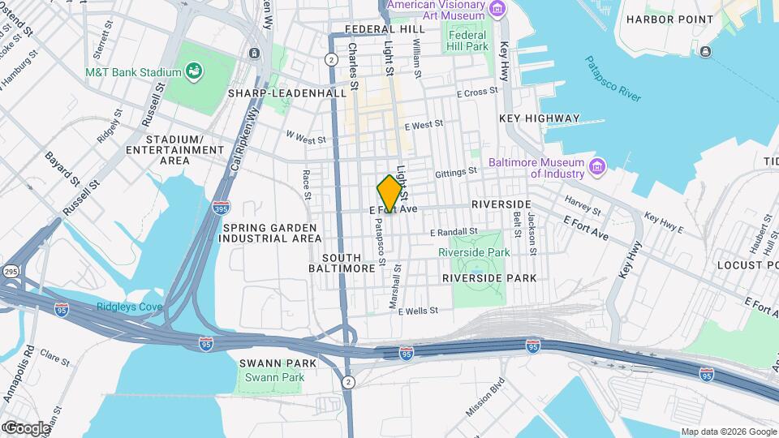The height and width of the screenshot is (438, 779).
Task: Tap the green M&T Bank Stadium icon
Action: [x=194, y=73]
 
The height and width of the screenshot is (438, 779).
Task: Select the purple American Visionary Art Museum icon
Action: [x=496, y=8]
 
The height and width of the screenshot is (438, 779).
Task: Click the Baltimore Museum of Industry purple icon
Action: [x=598, y=167]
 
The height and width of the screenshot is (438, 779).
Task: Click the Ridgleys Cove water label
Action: [x=129, y=307]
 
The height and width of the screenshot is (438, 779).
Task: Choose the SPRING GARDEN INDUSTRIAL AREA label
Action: [x=267, y=233]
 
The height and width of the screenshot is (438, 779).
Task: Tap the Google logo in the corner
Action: [x=27, y=427]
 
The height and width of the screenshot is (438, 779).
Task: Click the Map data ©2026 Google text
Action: [x=728, y=432]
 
